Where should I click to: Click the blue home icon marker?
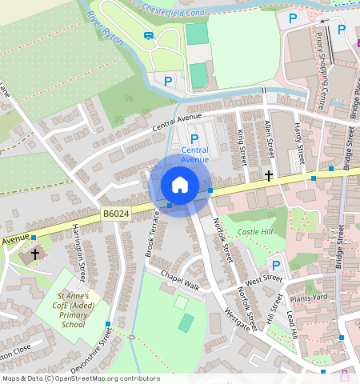pyautogui.click(x=180, y=186)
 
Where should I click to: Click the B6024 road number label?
pyautogui.click(x=116, y=214)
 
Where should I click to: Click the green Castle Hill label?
pyautogui.click(x=255, y=232)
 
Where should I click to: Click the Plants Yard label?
pyautogui.click(x=310, y=298)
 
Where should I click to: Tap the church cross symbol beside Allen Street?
pyautogui.click(x=269, y=174)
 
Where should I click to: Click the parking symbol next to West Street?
pyautogui.click(x=276, y=265)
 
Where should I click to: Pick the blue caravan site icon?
pyautogui.click(x=148, y=35)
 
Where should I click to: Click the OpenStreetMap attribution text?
pyautogui.click(x=80, y=378)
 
